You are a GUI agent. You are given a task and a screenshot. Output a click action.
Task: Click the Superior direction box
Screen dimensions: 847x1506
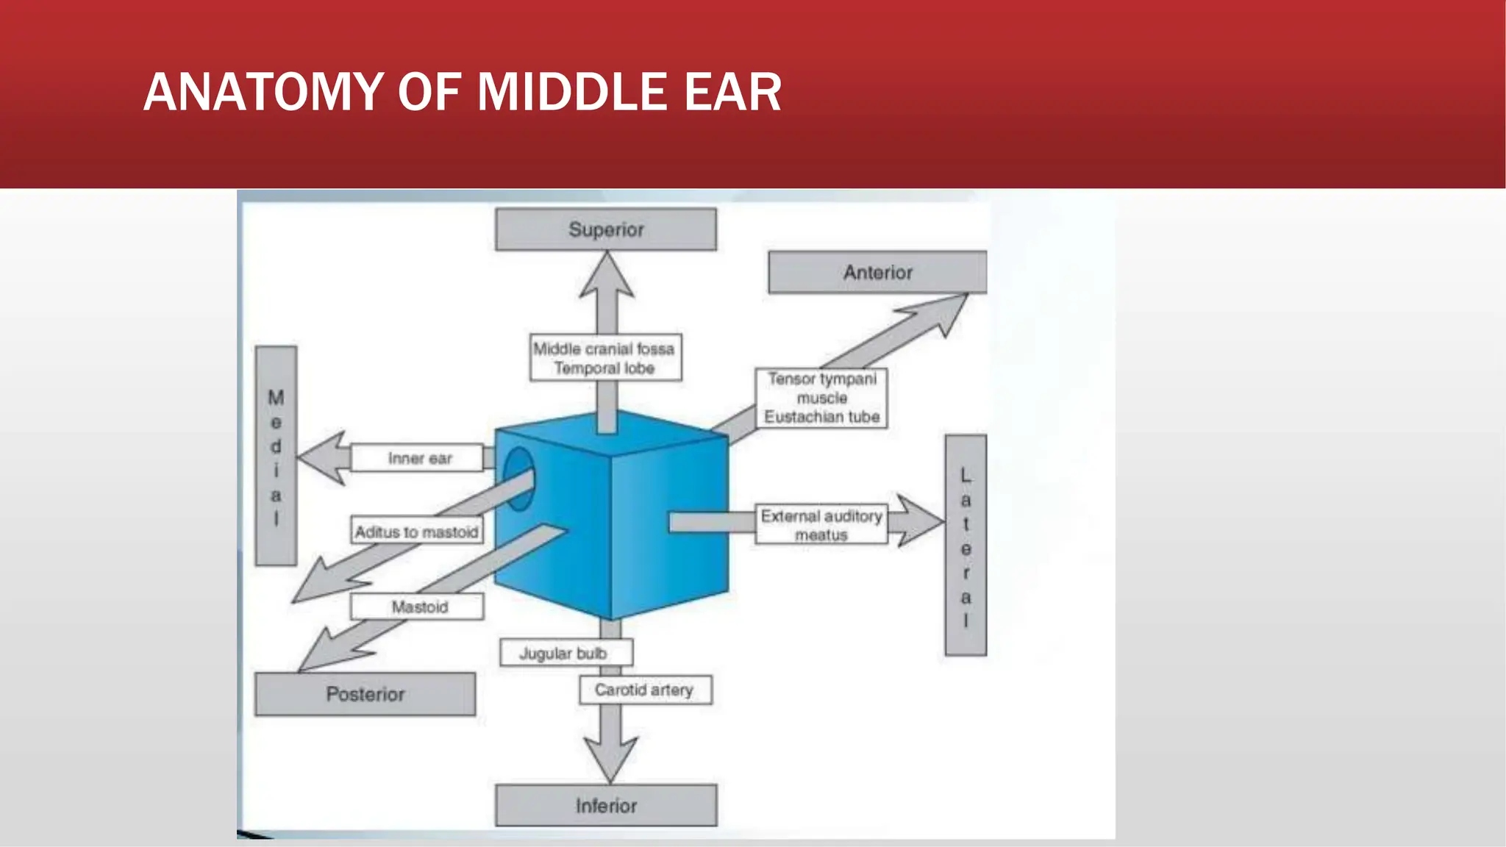tap(605, 229)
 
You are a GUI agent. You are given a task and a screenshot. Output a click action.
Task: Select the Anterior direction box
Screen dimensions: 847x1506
tap(877, 272)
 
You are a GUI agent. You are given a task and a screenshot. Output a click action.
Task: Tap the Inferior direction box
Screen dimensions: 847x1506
tap(605, 806)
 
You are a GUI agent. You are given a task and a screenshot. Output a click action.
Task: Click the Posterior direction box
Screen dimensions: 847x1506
tap(365, 694)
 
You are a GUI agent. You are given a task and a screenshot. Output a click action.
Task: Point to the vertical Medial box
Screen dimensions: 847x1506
tap(276, 456)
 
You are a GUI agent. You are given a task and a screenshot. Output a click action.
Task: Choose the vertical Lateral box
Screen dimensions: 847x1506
tap(966, 546)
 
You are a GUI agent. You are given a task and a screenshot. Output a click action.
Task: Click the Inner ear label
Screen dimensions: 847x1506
tap(418, 458)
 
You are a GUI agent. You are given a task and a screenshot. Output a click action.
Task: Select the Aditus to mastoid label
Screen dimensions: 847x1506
tap(416, 531)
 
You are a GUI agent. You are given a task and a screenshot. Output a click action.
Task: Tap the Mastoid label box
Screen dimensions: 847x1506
tap(418, 607)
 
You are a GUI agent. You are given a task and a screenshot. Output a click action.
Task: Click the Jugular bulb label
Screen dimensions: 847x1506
tap(565, 653)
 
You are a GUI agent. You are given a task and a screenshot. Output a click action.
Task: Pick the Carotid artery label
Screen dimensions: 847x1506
tap(645, 690)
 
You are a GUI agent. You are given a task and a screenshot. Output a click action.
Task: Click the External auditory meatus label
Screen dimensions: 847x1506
tap(821, 525)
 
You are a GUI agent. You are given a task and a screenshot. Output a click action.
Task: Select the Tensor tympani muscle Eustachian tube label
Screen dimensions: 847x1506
tap(821, 398)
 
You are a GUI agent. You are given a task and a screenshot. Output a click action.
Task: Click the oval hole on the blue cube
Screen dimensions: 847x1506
tap(518, 479)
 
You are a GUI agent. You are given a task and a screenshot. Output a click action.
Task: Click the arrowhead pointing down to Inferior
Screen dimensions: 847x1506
tap(610, 757)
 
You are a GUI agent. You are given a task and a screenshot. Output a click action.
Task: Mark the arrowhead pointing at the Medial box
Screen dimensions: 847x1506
tap(322, 458)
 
